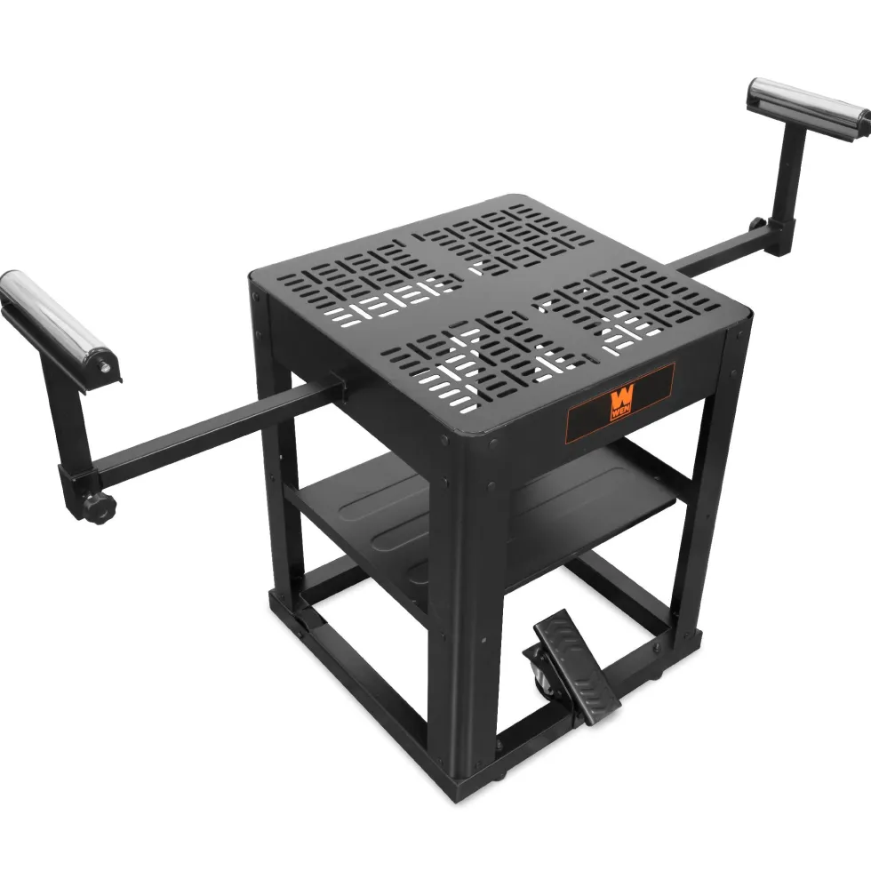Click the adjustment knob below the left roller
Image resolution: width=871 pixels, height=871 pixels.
tap(100, 507)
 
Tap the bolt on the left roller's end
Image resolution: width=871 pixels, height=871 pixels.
tap(104, 366)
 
